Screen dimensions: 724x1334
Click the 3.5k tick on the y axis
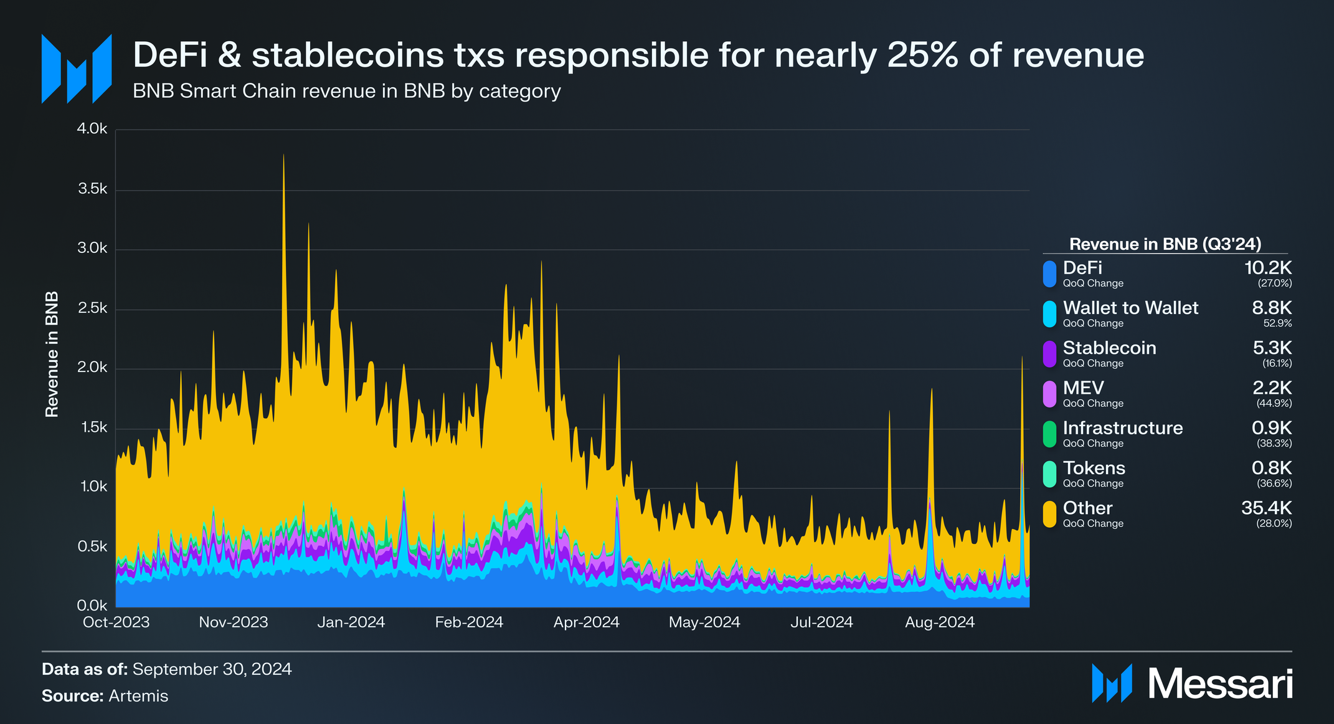92,189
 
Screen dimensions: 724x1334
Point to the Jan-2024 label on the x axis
351,622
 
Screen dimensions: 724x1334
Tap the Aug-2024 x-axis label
939,622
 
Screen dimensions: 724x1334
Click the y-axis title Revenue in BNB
52,354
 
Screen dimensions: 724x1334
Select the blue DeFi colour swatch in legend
1049,274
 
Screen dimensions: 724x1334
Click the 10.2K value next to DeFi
1268,268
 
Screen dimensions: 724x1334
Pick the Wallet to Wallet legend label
1130,308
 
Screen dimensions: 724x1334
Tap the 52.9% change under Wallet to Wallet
1277,323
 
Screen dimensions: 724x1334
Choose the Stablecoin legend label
1109,348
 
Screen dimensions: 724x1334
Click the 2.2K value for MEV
1272,388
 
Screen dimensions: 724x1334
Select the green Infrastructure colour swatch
1049,434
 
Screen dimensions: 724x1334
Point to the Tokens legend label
1094,468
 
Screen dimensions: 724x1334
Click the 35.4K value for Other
1266,508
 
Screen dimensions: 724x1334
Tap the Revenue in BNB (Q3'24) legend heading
1165,244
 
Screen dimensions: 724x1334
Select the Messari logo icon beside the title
76,69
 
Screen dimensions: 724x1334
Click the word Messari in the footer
1220,684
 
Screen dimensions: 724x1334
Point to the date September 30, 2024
212,669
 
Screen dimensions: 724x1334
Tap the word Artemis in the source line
138,696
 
